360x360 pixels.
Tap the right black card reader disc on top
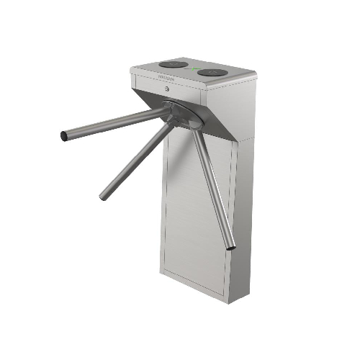tap(214, 73)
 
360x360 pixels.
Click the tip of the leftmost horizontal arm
tap(64, 135)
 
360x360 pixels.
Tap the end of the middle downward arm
tap(102, 196)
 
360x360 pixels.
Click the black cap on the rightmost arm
tap(230, 248)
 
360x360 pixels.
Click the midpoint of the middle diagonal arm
tap(137, 160)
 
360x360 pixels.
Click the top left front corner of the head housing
tap(132, 69)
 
